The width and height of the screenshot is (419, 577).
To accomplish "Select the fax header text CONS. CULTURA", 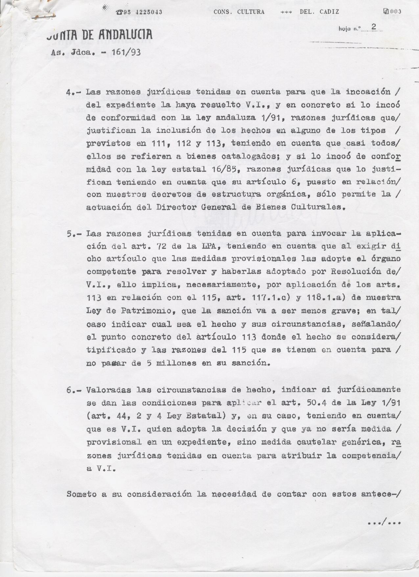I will pos(239,12).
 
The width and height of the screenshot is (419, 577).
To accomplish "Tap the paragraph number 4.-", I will pos(74,92).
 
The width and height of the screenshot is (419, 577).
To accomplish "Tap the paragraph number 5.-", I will pos(74,234).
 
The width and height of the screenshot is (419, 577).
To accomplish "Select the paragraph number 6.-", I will pos(74,390).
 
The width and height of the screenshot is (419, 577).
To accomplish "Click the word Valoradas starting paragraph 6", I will pos(108,390).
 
